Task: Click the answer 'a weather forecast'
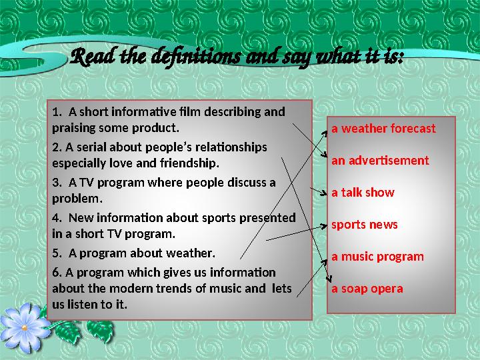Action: [x=383, y=129]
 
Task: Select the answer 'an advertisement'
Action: [x=380, y=161]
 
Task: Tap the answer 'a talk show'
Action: [x=363, y=193]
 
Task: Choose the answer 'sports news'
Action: [x=364, y=225]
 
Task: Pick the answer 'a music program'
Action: [x=377, y=257]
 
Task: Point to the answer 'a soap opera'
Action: [x=367, y=289]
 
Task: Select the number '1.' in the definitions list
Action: [x=56, y=111]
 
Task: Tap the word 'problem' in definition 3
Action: [x=76, y=199]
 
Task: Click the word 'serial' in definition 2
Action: [x=89, y=147]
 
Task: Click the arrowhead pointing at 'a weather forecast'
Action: [x=326, y=131]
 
